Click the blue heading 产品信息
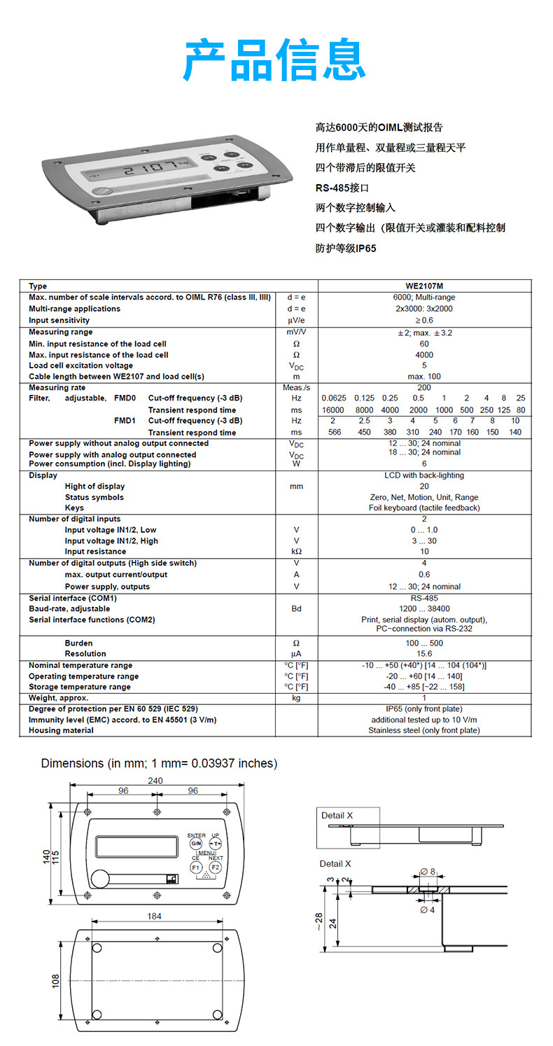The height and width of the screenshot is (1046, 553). pos(274,61)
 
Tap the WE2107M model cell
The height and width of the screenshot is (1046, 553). pos(424,286)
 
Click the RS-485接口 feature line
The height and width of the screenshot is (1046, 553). pos(342,188)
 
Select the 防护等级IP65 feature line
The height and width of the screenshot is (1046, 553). pos(346,248)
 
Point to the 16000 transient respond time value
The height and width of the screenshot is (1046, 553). pos(332,410)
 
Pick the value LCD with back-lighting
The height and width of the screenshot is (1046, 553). pos(424,475)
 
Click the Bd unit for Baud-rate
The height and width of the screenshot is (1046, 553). pos(297,609)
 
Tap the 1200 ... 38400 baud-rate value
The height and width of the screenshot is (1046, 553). pos(424,609)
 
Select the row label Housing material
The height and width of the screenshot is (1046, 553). pos(61,730)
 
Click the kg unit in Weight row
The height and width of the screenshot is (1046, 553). pos(297,698)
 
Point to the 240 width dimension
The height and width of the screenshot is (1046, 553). pos(155,781)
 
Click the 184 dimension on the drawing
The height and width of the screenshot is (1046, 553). pos(155,916)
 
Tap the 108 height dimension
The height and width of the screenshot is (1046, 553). pos(56,981)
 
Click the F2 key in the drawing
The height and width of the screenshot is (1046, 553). pos(216,867)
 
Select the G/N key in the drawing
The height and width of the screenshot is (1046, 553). pos(196,844)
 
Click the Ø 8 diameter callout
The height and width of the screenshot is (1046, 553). pos(427,872)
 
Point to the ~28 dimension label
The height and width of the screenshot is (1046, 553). pos(318,921)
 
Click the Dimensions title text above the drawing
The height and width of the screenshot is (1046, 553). pos(159,763)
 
